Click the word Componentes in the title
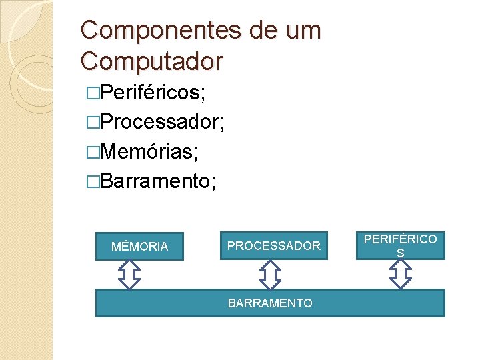[x=157, y=30]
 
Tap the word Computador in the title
[x=151, y=61]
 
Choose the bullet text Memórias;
[x=148, y=151]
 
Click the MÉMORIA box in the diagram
[x=139, y=246]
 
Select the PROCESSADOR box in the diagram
[x=273, y=246]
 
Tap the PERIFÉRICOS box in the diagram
[x=400, y=245]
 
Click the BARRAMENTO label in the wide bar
[x=270, y=303]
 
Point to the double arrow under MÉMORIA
[x=129, y=274]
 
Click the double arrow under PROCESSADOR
[x=269, y=274]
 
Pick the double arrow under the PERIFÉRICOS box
[x=400, y=273]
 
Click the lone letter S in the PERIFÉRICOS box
[x=400, y=253]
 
